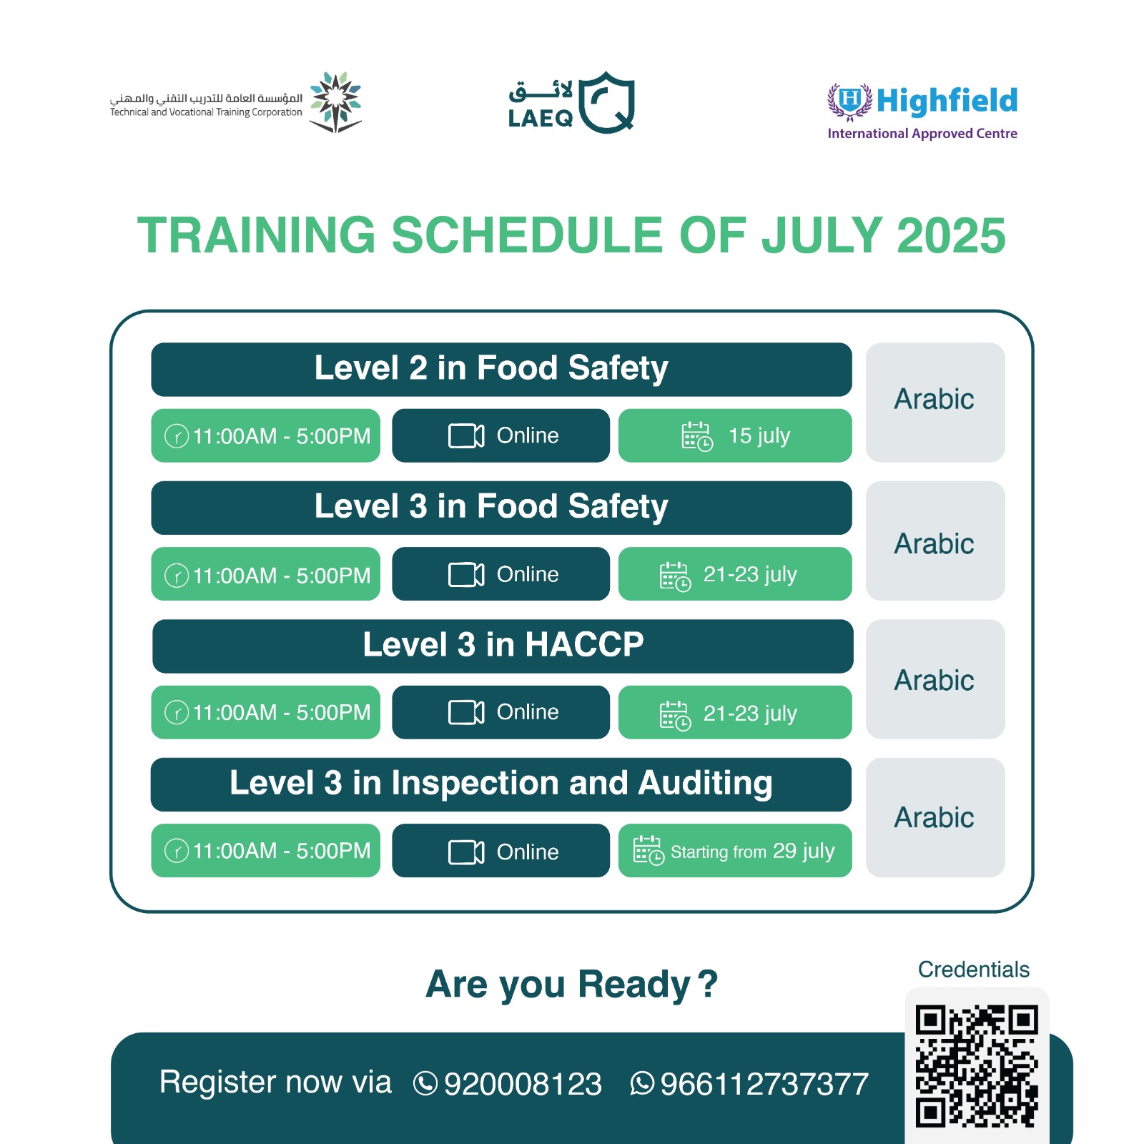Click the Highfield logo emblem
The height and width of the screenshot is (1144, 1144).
tap(849, 101)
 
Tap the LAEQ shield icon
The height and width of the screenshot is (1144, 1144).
tap(606, 102)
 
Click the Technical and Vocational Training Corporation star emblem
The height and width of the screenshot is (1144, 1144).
tap(335, 102)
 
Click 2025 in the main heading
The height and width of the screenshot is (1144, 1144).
tap(951, 235)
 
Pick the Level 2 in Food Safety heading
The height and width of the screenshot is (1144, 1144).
tap(491, 368)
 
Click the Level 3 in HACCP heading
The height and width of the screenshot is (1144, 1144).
tap(503, 644)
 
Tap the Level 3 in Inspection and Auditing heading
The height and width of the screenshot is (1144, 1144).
tap(501, 783)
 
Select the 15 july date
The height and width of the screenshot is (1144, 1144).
tap(759, 435)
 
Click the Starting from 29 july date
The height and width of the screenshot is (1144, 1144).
tap(753, 851)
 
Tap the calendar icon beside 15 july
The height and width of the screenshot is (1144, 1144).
tap(697, 436)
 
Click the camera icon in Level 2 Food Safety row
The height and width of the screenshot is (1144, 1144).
tap(466, 435)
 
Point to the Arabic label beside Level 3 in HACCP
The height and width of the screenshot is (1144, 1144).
tap(934, 680)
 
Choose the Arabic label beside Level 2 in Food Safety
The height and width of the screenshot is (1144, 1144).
tap(934, 399)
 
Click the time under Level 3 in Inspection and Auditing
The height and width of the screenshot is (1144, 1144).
tap(282, 851)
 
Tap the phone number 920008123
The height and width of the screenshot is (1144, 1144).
tap(523, 1084)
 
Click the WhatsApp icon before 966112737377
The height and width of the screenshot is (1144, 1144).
tap(642, 1083)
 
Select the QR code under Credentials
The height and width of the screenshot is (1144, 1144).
tap(977, 1067)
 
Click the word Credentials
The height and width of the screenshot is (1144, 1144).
tap(974, 970)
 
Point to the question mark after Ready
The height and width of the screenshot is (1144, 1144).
tap(707, 984)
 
